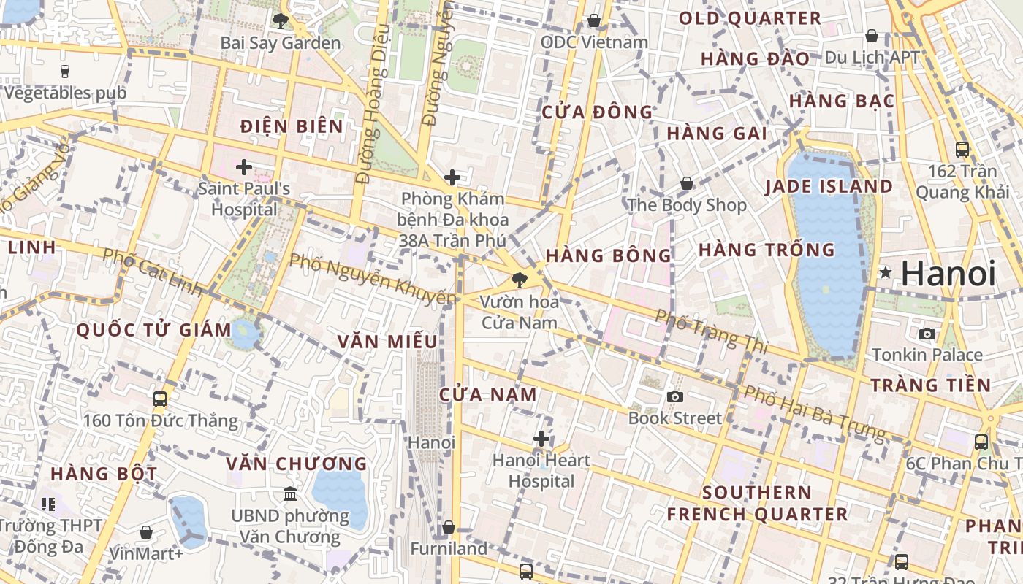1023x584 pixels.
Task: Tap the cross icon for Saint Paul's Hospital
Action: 244,167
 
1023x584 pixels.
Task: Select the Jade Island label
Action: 829,187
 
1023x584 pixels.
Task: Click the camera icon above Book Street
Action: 675,396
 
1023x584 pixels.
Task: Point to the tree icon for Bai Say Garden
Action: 279,21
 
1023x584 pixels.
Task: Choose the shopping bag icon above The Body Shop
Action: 686,183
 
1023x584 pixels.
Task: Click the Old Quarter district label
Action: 750,19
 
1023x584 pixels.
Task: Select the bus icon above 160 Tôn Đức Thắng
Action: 160,399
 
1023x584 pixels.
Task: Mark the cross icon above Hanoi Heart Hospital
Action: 541,439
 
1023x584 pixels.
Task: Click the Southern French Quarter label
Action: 757,503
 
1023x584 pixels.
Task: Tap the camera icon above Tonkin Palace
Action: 927,334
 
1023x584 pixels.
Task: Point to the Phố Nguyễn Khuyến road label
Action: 373,279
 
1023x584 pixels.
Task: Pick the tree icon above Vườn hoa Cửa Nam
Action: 519,280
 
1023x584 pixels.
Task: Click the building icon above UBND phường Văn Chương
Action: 290,494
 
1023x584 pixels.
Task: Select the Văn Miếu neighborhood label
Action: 387,342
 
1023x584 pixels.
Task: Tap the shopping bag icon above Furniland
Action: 449,527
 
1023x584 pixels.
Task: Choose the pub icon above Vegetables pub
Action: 65,72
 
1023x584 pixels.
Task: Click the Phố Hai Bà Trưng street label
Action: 814,413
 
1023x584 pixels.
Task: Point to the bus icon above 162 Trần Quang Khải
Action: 962,150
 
